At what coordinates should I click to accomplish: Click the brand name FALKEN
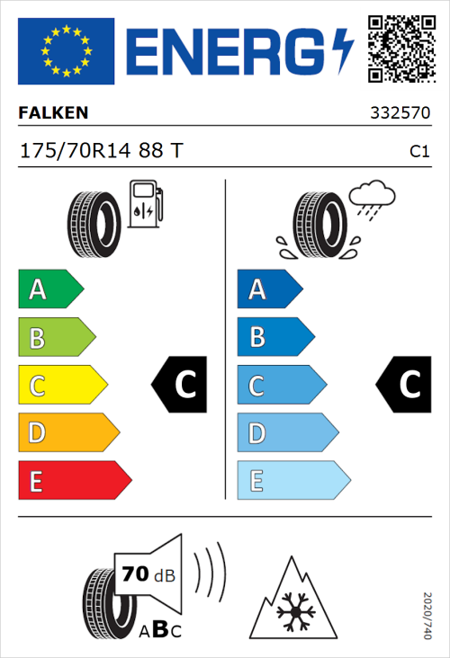tap(54, 113)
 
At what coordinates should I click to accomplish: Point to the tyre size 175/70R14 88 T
tap(101, 151)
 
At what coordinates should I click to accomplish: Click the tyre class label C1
tap(418, 152)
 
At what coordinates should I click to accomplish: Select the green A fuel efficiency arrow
tap(49, 289)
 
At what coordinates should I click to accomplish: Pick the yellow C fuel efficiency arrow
tap(61, 386)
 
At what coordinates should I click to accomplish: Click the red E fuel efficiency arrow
tap(74, 481)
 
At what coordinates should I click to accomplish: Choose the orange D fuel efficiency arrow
tap(67, 433)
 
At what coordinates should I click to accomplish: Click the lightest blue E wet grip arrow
tap(292, 481)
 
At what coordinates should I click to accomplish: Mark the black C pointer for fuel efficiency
tap(181, 385)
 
